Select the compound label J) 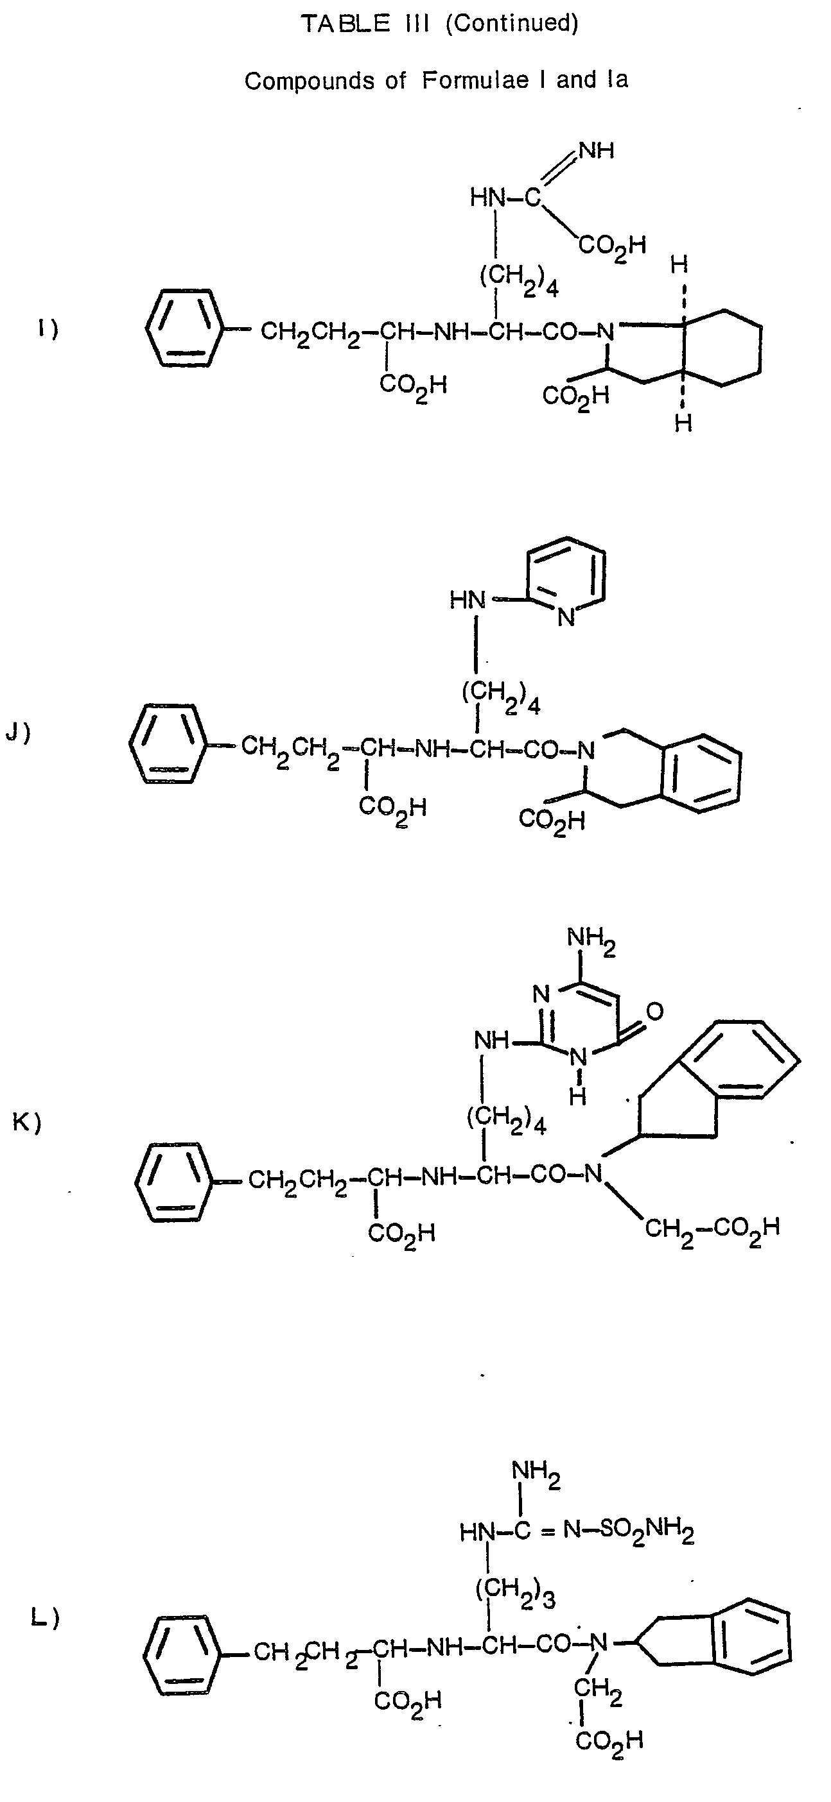(x=17, y=733)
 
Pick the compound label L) (x=45, y=1619)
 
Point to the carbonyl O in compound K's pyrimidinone (x=654, y=1010)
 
